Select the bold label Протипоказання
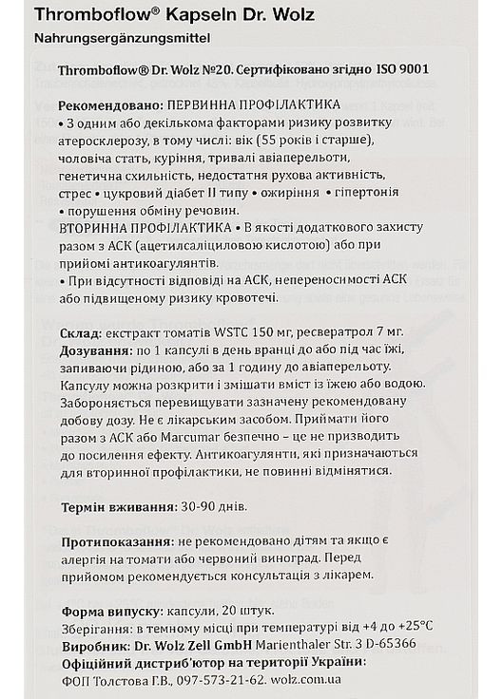pos(123,540)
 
